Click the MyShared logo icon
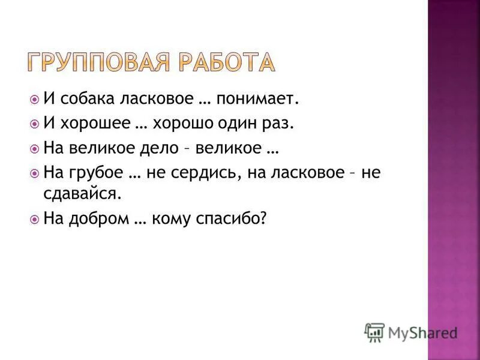click(374, 332)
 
